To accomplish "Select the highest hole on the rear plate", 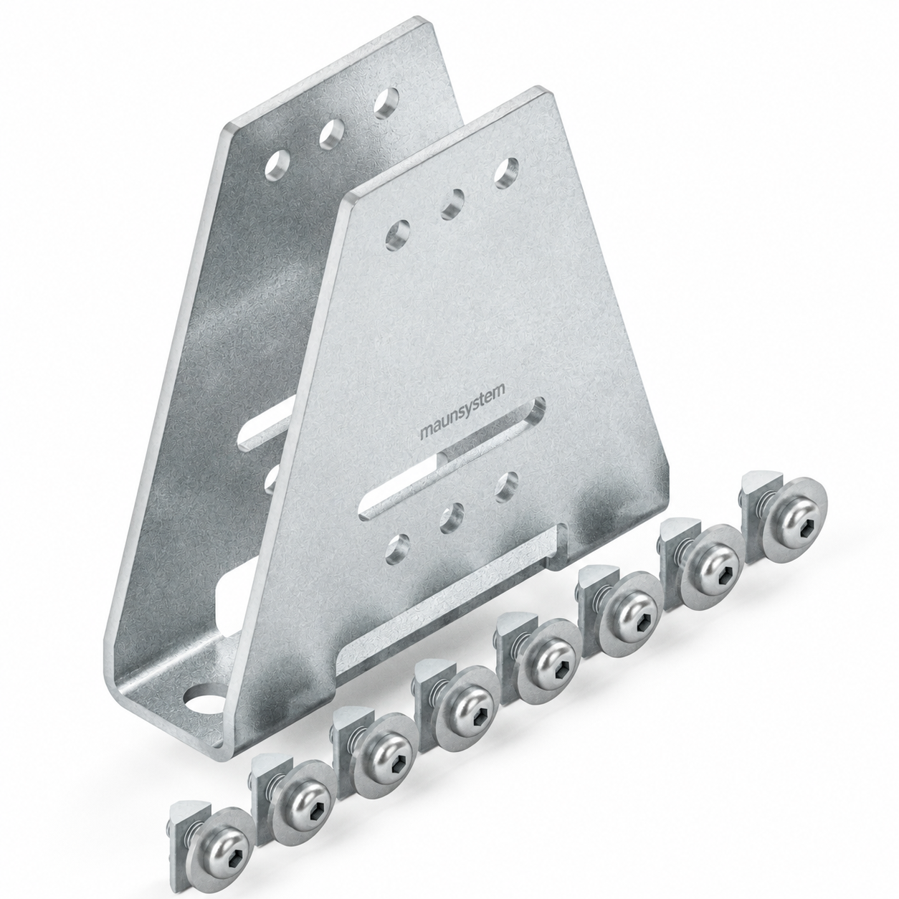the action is (x=386, y=103).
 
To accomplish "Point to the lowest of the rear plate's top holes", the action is (x=277, y=166).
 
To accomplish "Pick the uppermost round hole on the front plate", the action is (x=507, y=174).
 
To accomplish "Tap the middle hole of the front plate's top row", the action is (x=452, y=204).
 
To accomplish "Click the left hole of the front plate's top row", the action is (x=397, y=235).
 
